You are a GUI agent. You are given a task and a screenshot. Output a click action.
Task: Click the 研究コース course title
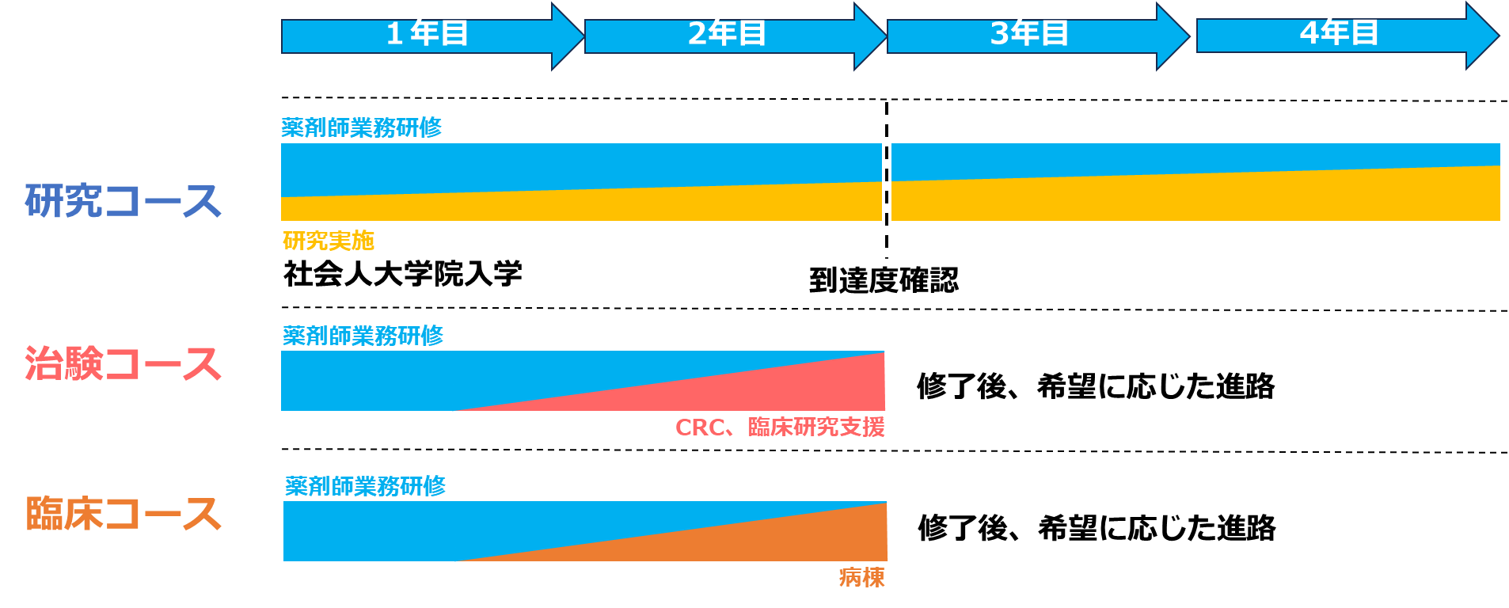tap(123, 200)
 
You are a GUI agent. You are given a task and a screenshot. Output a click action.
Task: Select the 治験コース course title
tap(123, 364)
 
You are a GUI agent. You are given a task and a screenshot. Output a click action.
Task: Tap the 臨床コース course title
tap(123, 514)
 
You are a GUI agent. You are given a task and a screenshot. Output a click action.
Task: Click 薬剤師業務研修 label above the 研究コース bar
tap(362, 127)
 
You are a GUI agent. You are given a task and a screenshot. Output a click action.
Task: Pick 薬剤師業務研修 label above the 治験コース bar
tap(363, 336)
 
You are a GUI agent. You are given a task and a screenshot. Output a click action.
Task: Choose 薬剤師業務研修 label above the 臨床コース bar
tap(365, 486)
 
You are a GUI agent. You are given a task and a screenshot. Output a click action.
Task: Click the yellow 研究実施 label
tap(328, 241)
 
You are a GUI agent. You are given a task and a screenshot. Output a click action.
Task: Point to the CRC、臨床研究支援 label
tap(780, 427)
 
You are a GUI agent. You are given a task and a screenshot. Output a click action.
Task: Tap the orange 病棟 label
tap(861, 578)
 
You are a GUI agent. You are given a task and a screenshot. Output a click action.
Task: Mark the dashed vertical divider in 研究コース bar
tap(887, 180)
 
